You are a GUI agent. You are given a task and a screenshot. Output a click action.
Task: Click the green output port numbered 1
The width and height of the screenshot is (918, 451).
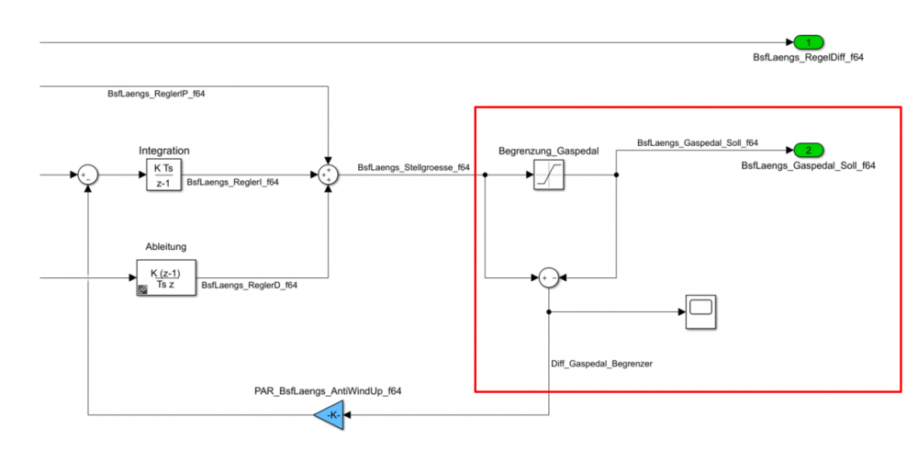808,42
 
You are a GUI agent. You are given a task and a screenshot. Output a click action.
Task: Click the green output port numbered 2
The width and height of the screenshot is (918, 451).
808,150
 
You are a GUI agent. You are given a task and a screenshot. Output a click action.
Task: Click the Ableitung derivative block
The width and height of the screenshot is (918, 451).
165,278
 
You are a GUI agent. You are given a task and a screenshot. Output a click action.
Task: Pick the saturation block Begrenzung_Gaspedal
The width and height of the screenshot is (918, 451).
548,175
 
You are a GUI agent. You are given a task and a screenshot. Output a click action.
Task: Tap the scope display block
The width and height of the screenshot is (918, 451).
701,311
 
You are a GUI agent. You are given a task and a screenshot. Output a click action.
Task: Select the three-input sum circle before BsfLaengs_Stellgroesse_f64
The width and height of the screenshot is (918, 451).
328,175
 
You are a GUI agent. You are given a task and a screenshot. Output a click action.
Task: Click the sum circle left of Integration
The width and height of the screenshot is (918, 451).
87,175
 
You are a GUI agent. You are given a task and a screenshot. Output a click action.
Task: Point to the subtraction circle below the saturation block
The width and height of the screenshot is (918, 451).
548,277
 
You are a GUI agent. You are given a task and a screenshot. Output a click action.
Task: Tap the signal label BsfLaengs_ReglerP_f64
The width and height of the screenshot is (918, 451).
157,95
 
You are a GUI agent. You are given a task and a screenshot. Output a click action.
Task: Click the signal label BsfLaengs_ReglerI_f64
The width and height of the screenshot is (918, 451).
233,183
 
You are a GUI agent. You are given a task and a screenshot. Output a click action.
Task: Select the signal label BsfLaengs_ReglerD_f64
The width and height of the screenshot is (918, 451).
249,286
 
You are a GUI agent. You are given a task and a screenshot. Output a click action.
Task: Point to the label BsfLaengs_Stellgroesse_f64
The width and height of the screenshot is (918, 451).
414,167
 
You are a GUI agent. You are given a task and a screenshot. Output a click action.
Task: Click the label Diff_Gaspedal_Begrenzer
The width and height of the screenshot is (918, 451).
601,364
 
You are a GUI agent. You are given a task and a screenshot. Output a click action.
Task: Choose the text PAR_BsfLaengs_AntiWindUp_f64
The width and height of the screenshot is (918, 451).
328,391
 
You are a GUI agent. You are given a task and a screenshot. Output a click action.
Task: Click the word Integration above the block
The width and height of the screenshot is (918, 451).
164,150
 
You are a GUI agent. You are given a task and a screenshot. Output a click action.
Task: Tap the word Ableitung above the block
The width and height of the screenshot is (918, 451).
165,248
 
